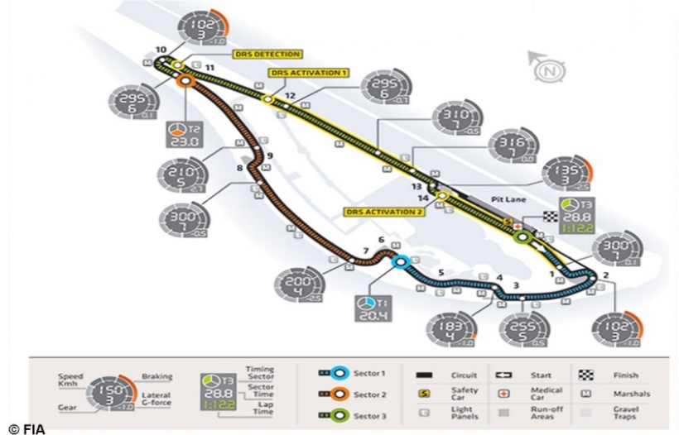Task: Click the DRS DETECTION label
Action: click(x=267, y=55)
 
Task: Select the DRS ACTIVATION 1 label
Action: click(x=307, y=73)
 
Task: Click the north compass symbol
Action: click(x=545, y=72)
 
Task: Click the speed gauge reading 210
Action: click(x=180, y=174)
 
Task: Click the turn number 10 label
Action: click(x=160, y=49)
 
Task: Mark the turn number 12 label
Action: click(x=290, y=96)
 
